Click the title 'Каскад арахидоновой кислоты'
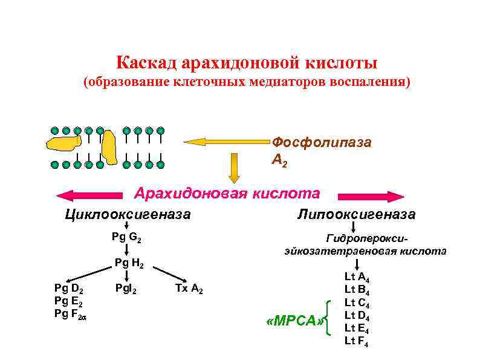246,63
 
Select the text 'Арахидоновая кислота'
227,194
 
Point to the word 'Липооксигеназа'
357,214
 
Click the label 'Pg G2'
127,237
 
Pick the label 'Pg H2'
129,263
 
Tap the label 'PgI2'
126,289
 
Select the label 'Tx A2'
189,289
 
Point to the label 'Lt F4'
357,342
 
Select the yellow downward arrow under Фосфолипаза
234,168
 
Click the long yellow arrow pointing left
227,142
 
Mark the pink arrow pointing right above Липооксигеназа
371,197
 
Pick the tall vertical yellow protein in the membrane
109,146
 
